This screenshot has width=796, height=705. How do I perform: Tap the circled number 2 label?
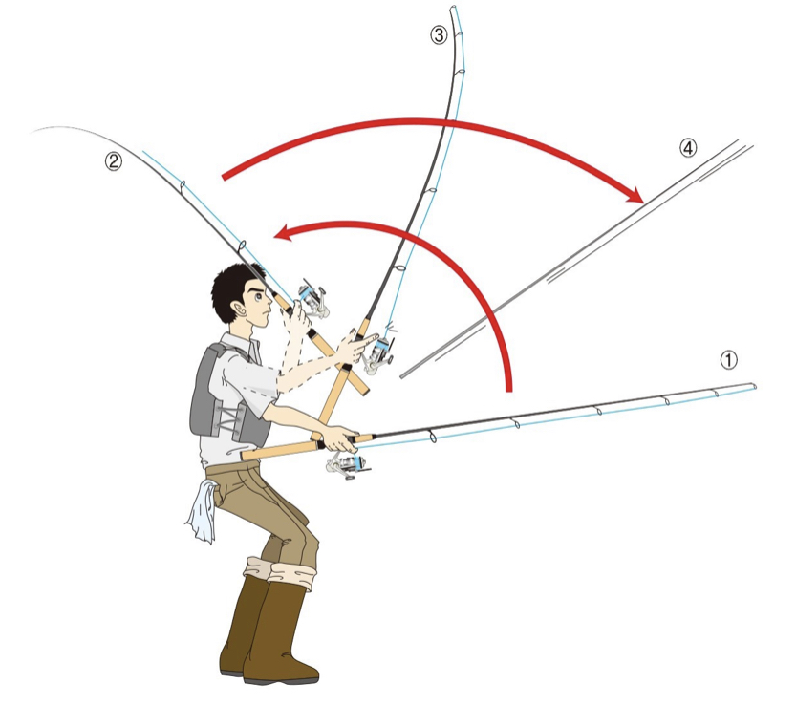pyautogui.click(x=114, y=161)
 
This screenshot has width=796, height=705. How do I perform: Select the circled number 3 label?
pyautogui.click(x=439, y=35)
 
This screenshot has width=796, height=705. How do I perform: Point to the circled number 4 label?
pyautogui.click(x=688, y=147)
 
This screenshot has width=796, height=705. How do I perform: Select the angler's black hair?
pyautogui.click(x=231, y=288)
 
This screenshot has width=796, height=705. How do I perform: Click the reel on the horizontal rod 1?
pyautogui.click(x=346, y=464)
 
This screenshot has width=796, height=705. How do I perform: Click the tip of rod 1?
pyautogui.click(x=756, y=386)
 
